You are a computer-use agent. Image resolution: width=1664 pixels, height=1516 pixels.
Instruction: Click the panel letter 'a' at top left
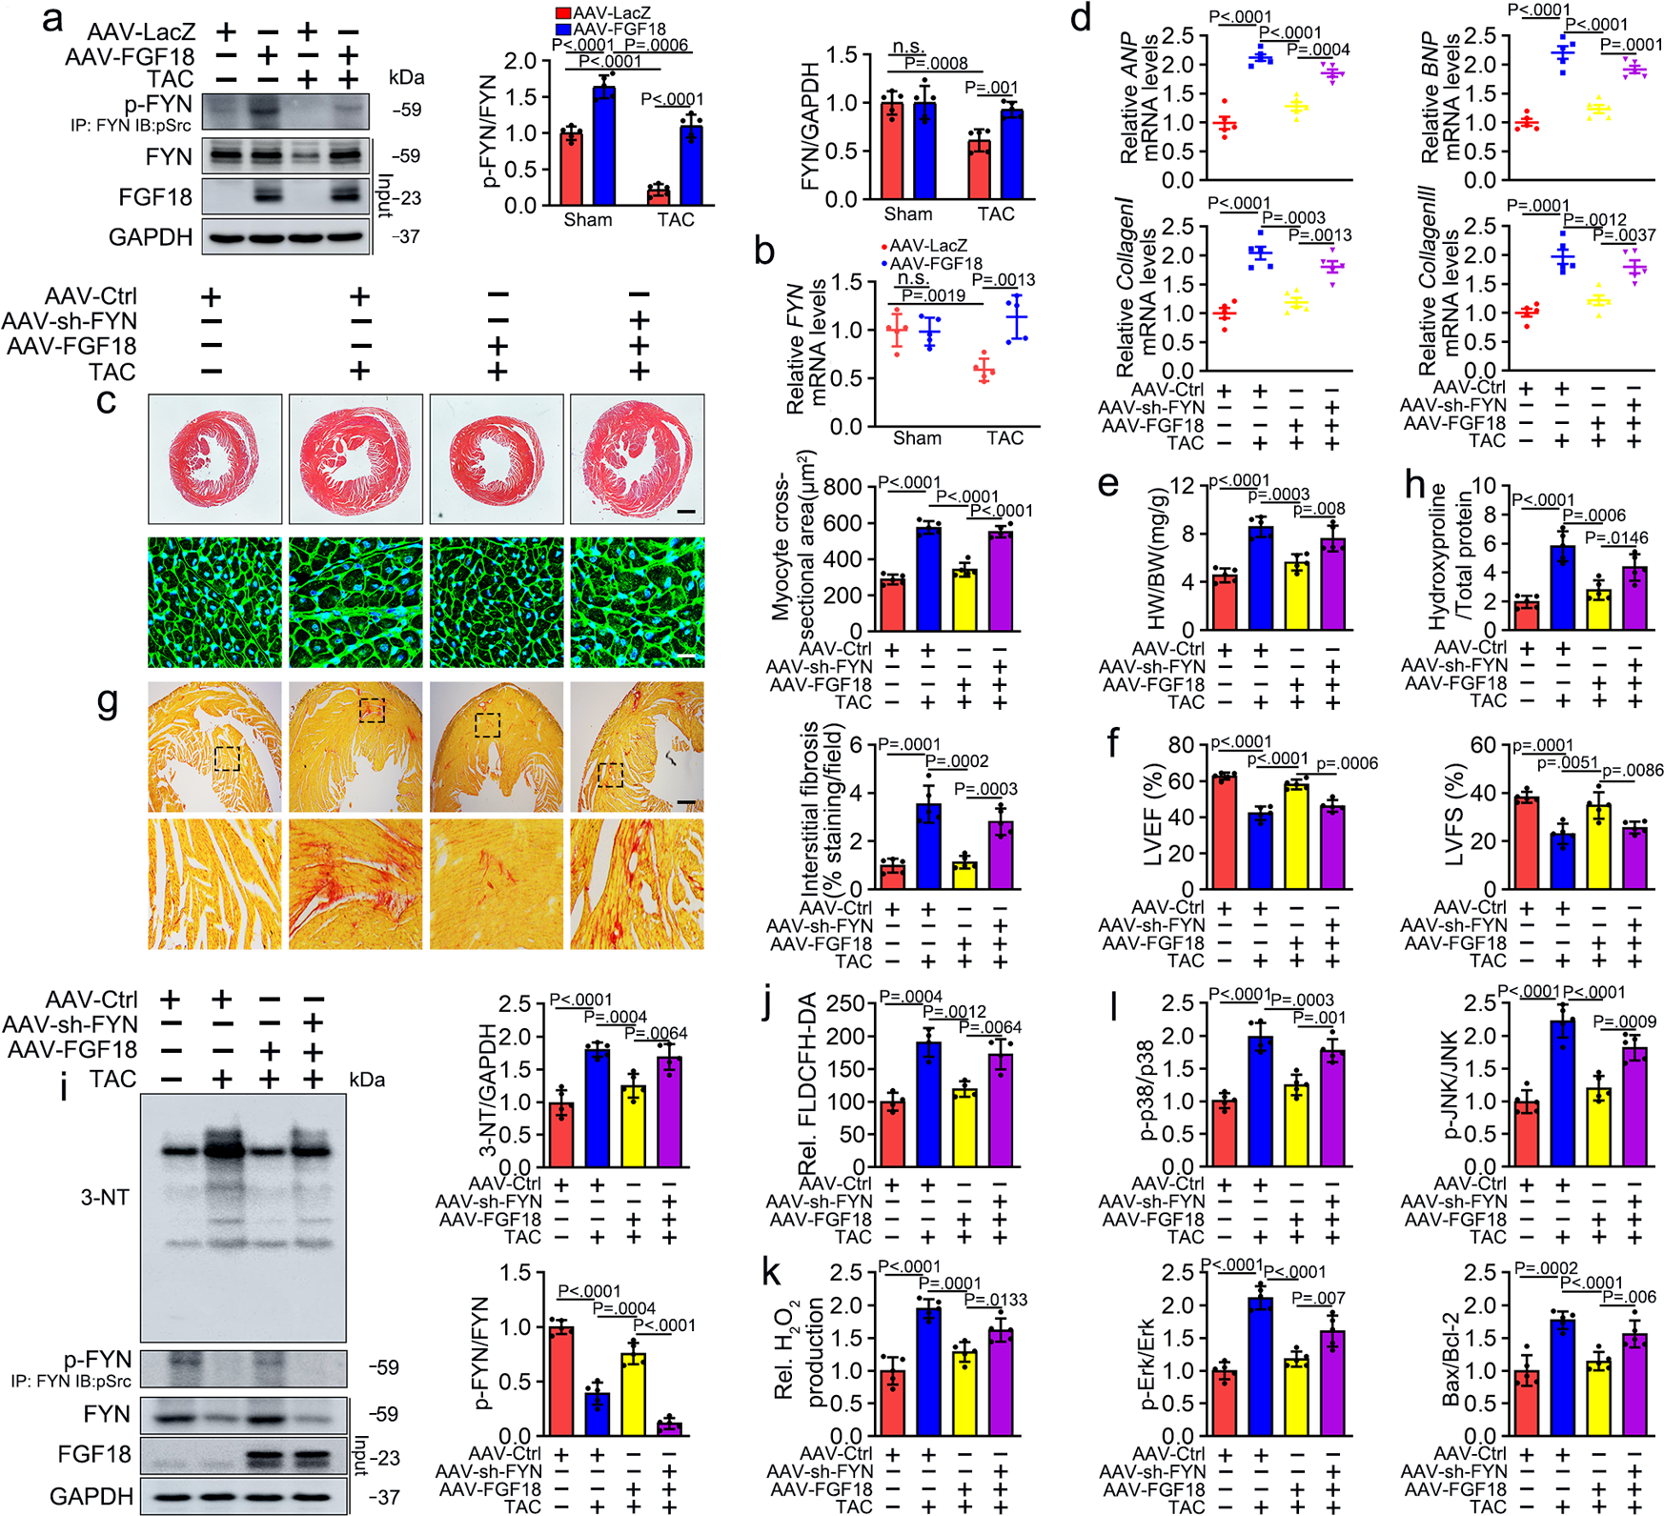[x=53, y=19]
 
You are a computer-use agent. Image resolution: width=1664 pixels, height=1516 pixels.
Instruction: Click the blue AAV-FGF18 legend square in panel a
[x=563, y=30]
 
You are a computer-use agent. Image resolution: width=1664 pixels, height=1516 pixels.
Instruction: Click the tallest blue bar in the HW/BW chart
[x=1261, y=577]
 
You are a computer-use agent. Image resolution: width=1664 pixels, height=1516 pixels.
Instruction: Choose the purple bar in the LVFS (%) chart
[x=1634, y=858]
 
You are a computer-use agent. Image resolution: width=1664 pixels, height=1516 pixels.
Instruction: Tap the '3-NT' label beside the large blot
[x=104, y=1198]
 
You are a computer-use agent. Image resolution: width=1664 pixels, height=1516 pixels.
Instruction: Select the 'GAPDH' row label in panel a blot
[x=151, y=237]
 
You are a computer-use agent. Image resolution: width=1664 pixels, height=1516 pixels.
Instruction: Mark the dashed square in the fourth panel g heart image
[x=610, y=775]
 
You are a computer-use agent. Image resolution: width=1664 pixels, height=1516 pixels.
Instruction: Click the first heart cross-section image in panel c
[x=215, y=458]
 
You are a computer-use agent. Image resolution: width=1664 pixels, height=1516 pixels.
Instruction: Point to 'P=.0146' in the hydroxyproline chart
[x=1616, y=538]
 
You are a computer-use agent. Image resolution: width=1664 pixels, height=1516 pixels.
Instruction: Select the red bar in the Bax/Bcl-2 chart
[x=1527, y=1401]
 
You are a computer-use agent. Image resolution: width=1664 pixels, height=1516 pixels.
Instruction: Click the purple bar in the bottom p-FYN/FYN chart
[x=670, y=1428]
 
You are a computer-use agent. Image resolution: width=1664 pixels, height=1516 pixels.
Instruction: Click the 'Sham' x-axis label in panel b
[x=917, y=438]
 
